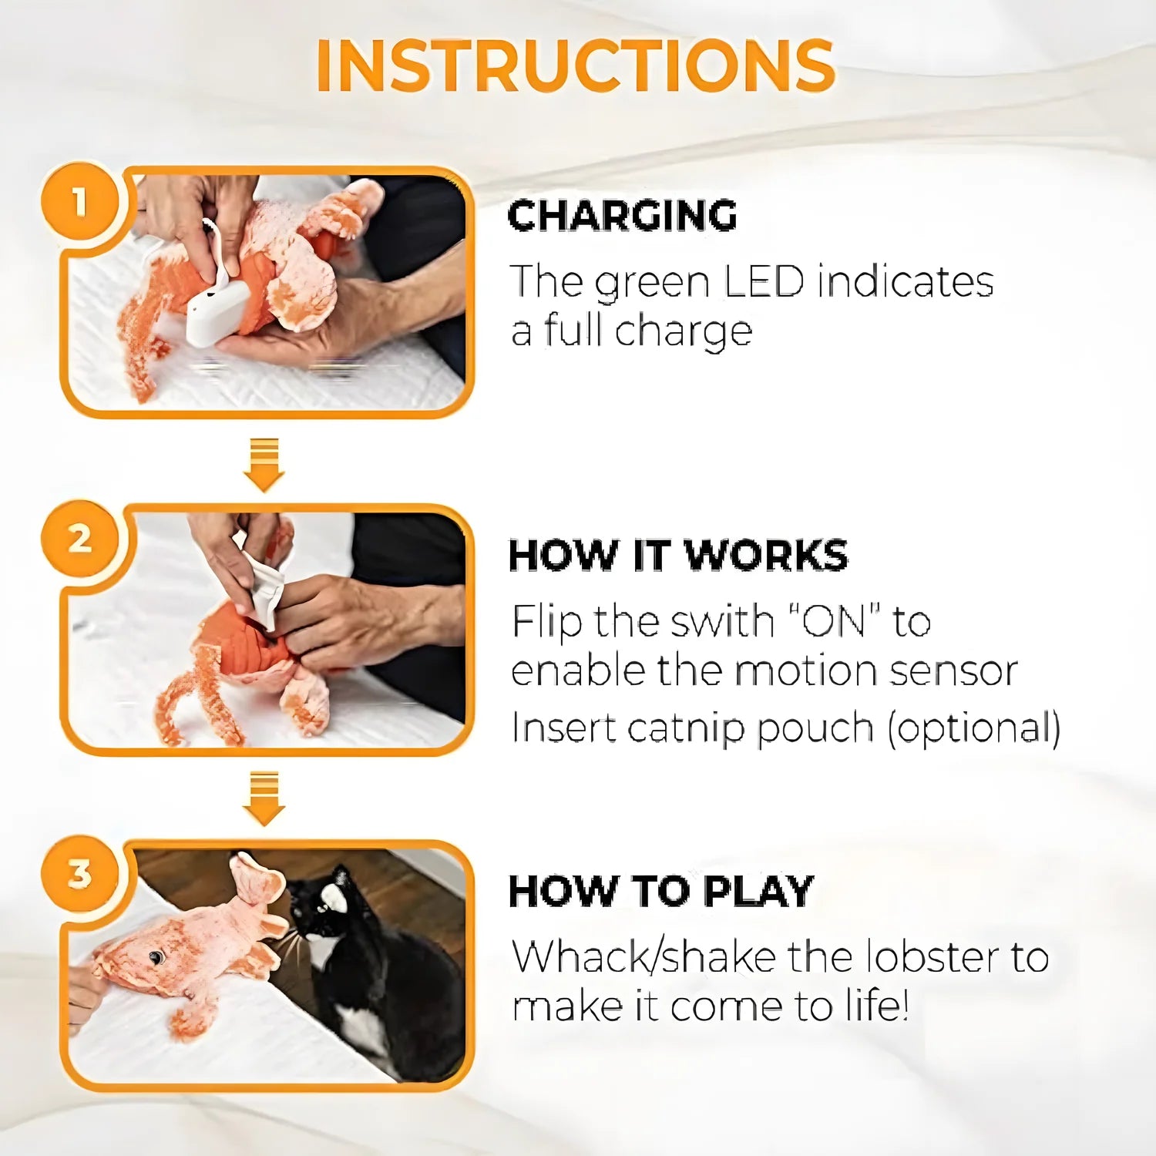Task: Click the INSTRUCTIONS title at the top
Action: pos(576,66)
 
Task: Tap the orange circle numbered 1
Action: pos(79,202)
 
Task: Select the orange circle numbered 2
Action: pos(79,539)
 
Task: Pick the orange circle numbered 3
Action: pos(79,874)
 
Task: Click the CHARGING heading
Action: pos(623,216)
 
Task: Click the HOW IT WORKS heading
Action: pos(678,555)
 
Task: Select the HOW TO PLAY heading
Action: pos(661,891)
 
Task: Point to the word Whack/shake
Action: pos(644,957)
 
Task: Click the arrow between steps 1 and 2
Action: pos(264,465)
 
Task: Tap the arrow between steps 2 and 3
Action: pos(264,798)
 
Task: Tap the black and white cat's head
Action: pos(322,906)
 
